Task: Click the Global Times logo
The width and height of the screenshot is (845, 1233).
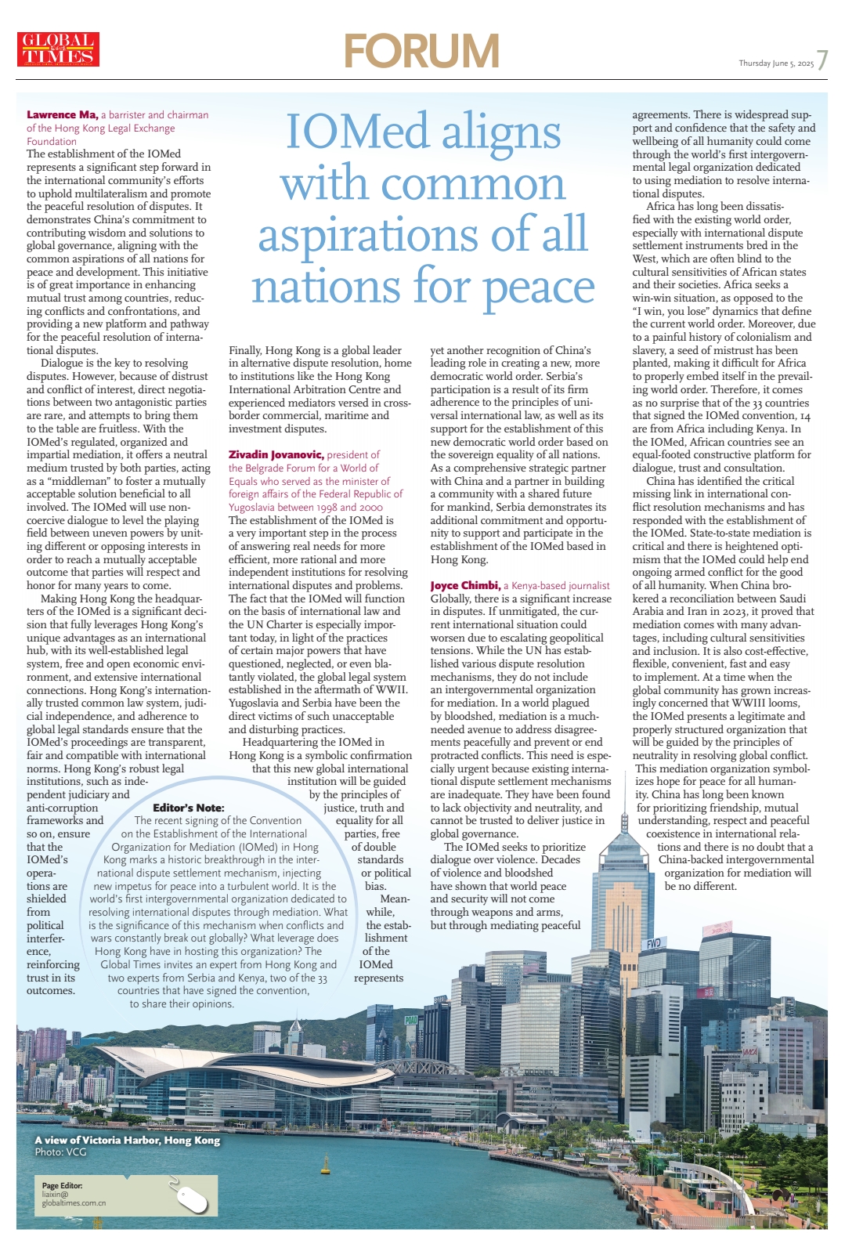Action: coord(58,49)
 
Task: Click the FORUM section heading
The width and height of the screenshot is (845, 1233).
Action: coord(421,51)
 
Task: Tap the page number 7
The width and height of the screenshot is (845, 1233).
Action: coord(822,61)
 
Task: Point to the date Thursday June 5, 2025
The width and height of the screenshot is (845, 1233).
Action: coord(775,63)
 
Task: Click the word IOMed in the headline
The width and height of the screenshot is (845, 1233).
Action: coord(358,131)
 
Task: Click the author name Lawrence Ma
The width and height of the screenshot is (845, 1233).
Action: coord(62,115)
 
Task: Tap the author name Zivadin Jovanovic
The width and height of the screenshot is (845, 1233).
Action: coord(276,454)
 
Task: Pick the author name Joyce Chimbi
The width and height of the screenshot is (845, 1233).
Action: coord(465,585)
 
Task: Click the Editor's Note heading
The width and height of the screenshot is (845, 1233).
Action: coord(189,808)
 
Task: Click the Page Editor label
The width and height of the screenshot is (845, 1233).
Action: coord(62,1185)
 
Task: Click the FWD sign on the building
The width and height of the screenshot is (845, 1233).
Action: coord(653,944)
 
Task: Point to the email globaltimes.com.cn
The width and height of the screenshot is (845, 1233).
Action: coord(74,1203)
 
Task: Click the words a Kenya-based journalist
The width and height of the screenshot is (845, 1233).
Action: coord(557,585)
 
